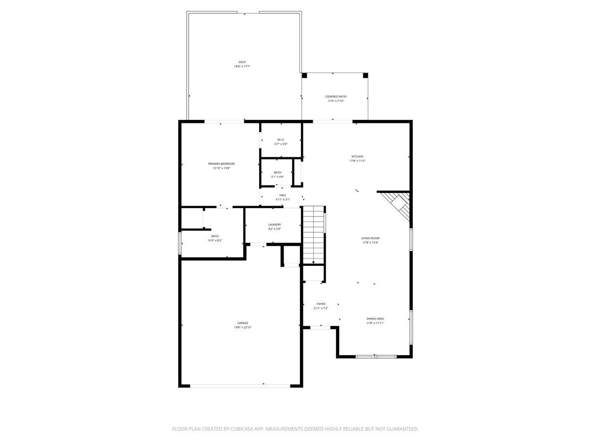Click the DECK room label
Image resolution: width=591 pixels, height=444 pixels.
pos(242,62)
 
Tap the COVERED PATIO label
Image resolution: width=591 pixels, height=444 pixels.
pos(335,96)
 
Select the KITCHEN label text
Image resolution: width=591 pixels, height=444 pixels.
pos(357,156)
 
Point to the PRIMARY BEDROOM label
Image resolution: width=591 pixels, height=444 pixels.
pos(221,163)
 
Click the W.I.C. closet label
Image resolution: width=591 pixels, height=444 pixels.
pos(281,139)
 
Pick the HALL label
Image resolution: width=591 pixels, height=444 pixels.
pos(283,195)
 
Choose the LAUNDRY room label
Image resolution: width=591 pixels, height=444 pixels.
pos(274,224)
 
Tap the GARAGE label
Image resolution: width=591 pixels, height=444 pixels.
pos(243,323)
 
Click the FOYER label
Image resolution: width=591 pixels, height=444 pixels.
pos(321,304)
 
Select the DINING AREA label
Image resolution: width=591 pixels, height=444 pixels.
pos(375,319)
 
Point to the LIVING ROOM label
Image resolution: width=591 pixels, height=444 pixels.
pos(370,238)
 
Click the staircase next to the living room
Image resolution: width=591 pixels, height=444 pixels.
pos(313,235)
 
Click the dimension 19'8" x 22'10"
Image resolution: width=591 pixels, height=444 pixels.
pos(243,328)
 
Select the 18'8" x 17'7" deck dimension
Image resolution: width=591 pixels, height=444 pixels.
pos(242,66)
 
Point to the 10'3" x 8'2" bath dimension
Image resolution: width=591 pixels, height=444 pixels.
pos(215,240)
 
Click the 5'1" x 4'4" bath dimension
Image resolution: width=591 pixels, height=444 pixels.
pos(278,177)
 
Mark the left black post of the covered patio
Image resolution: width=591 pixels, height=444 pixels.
pos(304,75)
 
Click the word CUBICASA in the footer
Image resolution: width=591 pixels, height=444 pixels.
pos(240,429)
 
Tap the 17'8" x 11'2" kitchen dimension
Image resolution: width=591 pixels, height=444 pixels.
pos(357,161)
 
